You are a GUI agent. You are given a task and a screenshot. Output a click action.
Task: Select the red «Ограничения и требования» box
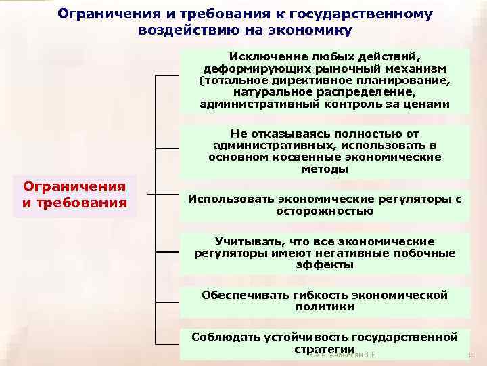[74, 195]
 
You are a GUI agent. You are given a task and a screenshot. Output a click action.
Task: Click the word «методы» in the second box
[325, 169]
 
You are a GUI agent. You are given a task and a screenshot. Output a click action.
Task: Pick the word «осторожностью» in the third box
[325, 211]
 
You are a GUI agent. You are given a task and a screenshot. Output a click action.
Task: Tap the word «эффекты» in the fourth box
[325, 265]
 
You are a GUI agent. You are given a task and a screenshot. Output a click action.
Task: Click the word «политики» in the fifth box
[325, 307]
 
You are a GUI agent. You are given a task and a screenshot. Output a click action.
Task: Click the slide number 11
[471, 356]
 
